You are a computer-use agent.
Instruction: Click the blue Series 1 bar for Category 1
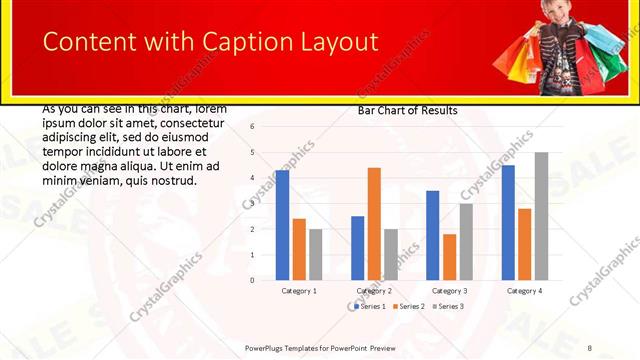coord(283,225)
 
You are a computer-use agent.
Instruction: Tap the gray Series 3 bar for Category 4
coord(541,216)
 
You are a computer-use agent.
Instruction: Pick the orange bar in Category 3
coord(450,257)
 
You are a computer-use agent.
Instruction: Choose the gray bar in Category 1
coord(315,254)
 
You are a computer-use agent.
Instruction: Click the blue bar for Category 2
coord(358,248)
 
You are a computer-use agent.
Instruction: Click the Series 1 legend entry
coord(370,306)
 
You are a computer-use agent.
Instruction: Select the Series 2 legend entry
coord(408,306)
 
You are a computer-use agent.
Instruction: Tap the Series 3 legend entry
coord(447,306)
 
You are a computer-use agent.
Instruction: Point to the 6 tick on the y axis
coord(253,127)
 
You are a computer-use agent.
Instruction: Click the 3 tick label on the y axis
coord(253,204)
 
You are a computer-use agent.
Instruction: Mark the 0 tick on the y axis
coord(253,280)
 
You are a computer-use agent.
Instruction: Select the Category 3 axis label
coord(449,290)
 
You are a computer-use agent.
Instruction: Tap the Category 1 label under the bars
coord(299,290)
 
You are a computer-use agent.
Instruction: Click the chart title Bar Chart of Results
coord(407,110)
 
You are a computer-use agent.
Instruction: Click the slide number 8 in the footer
coord(590,347)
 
